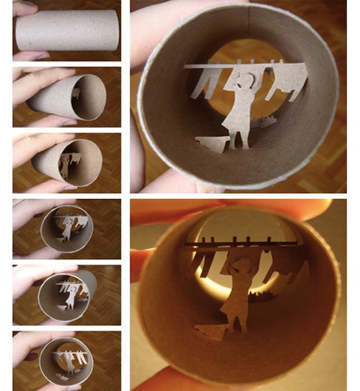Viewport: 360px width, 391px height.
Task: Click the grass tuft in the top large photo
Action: point(268,122)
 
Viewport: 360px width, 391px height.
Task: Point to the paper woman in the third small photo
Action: point(64,165)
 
